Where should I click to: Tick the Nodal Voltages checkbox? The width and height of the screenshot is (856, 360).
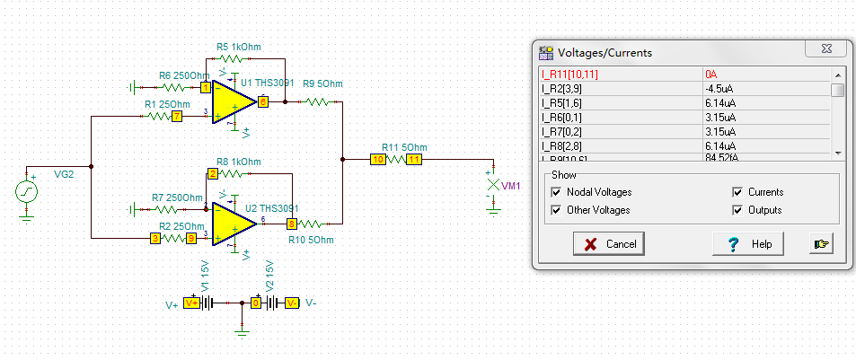[558, 192]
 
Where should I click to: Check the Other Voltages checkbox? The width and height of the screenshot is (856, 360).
[558, 210]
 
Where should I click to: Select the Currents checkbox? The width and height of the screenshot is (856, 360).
[737, 192]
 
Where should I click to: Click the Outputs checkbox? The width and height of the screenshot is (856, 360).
[737, 210]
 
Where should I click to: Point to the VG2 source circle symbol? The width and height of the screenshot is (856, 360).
[27, 191]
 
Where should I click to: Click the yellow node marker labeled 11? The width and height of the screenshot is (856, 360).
[414, 160]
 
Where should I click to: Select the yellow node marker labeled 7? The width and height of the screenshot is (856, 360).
[177, 116]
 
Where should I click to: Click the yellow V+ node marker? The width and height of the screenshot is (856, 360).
[191, 303]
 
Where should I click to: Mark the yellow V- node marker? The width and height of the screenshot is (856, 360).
[292, 303]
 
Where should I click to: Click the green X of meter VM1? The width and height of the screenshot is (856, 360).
[491, 185]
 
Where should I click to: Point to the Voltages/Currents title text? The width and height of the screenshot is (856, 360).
[604, 53]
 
